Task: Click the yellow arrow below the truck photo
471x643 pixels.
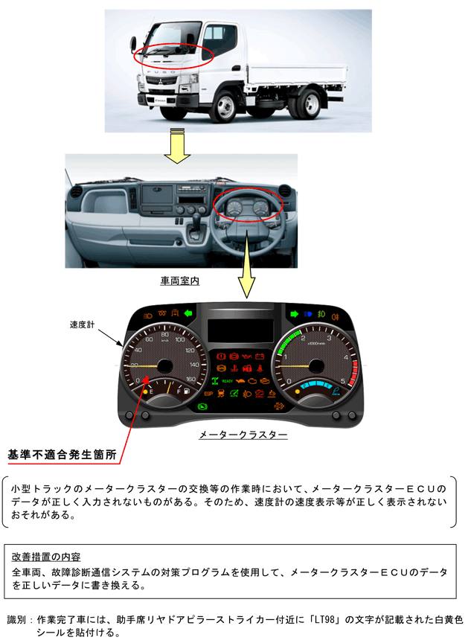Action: pos(177,144)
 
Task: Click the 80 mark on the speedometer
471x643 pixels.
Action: pos(165,336)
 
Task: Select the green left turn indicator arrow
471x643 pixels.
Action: pos(188,313)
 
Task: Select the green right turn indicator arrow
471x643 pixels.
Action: pos(295,313)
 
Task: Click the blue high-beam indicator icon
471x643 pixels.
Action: pos(308,313)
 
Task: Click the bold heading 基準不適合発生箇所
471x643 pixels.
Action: pos(62,453)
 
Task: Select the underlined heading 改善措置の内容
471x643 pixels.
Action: pos(47,556)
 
